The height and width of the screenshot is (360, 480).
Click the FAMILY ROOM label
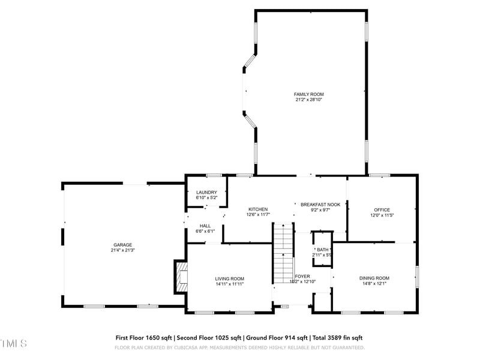pyautogui.click(x=308, y=94)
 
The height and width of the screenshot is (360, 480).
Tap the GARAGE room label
pyautogui.click(x=123, y=245)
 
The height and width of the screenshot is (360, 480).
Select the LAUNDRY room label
pyautogui.click(x=206, y=192)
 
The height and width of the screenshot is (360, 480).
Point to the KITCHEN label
pyautogui.click(x=258, y=209)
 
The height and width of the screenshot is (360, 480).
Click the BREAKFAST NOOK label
pyautogui.click(x=320, y=205)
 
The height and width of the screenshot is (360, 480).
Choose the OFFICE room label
pyautogui.click(x=382, y=209)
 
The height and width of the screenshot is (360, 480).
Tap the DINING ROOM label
pyautogui.click(x=374, y=278)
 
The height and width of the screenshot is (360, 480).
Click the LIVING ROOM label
pyautogui.click(x=230, y=278)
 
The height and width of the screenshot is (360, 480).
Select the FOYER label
pyautogui.click(x=302, y=277)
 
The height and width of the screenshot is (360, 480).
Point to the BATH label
pyautogui.click(x=323, y=250)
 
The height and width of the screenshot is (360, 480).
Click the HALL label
pyautogui.click(x=205, y=226)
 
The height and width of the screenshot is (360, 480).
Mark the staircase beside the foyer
pyautogui.click(x=283, y=252)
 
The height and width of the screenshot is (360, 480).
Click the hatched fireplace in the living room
pyautogui.click(x=181, y=277)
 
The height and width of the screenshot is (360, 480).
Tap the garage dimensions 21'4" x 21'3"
pyautogui.click(x=123, y=250)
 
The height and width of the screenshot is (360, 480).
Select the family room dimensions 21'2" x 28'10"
pyautogui.click(x=308, y=100)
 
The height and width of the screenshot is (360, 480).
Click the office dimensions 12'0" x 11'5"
pyautogui.click(x=382, y=215)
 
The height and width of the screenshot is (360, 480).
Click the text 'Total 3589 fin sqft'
pyautogui.click(x=337, y=338)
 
